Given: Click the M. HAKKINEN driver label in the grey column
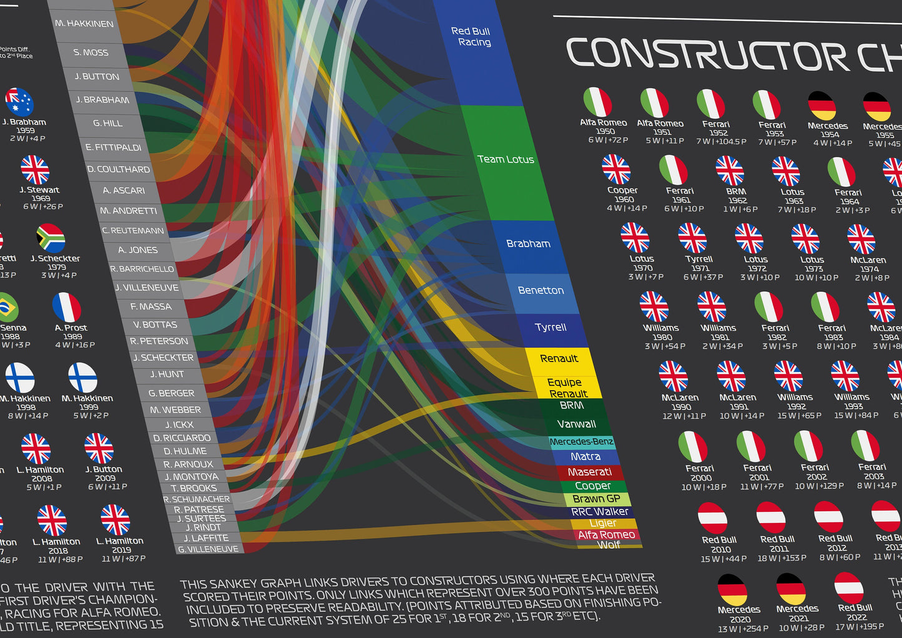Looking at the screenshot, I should coord(84,24).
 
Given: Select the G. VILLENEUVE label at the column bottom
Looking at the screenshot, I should coord(208,549).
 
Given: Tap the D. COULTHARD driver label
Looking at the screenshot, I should coord(118,169).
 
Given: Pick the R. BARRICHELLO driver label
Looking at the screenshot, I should coord(142,269).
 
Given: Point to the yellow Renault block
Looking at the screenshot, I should coord(559,359).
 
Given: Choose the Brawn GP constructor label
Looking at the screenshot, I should coord(596,499).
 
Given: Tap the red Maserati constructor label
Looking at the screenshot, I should coord(589,472).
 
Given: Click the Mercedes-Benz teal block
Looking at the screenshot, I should coord(581,442).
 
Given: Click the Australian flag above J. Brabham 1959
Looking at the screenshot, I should coord(19,102).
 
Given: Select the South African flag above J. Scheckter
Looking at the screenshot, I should coord(51,238).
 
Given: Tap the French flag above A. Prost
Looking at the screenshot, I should coord(67,308).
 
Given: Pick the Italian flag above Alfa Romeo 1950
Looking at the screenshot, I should coord(597,102).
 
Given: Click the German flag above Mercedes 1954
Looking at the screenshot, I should coord(822,106).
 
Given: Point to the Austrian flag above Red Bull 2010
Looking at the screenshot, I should coord(712,518).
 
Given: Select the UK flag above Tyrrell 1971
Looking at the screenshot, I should coord(692,238).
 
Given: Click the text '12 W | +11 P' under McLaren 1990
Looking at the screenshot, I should coord(684,416).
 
